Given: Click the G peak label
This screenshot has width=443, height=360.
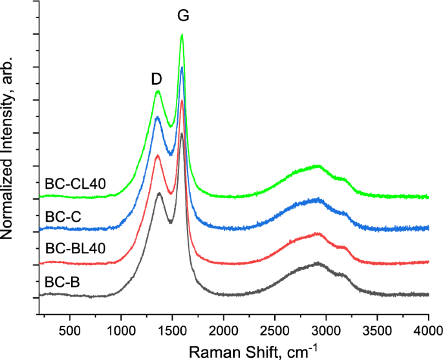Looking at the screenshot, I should pos(184,14).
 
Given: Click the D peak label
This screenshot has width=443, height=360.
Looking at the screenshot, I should pos(156,78).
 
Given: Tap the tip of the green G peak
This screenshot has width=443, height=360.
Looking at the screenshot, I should pos(182,35).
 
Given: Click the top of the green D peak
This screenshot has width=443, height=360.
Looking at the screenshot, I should pos(158,91).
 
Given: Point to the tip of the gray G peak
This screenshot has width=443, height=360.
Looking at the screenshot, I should pos(182,134).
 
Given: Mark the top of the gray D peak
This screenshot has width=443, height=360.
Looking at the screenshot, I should pos(159,193).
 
